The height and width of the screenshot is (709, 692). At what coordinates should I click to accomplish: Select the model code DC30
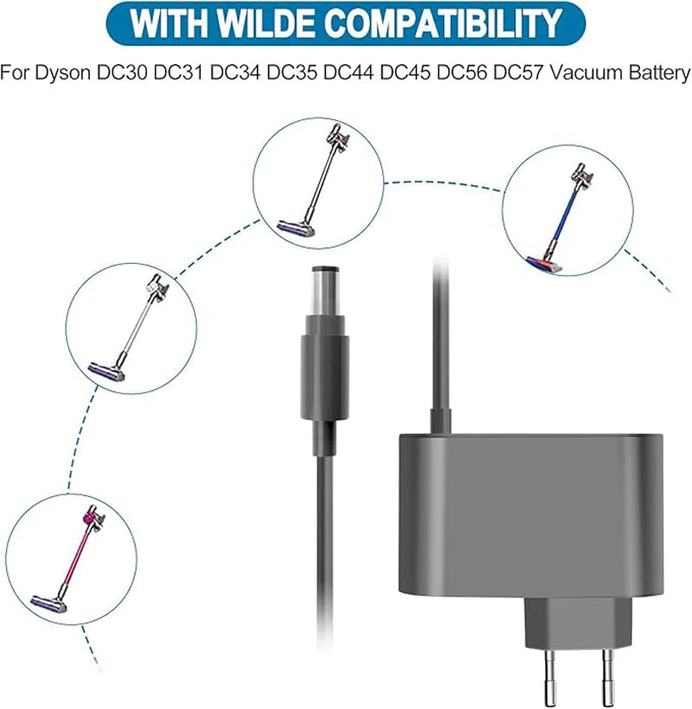coord(122,73)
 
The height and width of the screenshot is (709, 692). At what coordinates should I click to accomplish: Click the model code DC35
coord(292,73)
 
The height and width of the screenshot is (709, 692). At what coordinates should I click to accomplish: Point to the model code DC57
coord(517,73)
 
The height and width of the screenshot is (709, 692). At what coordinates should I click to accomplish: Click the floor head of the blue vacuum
coord(543,265)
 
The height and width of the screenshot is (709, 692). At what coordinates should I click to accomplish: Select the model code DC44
coord(349,73)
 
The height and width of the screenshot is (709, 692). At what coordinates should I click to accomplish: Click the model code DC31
coord(179,73)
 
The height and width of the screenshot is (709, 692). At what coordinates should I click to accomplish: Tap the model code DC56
coord(461,73)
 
